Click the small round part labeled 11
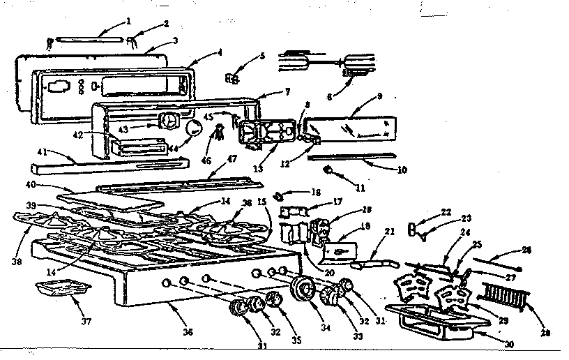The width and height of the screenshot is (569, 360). pyautogui.click(x=328, y=170)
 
